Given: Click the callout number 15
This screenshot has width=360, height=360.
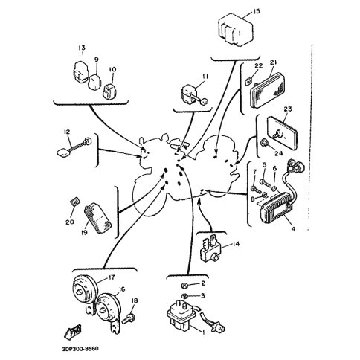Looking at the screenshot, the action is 257,11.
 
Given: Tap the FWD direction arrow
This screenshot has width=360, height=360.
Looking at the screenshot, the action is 73,332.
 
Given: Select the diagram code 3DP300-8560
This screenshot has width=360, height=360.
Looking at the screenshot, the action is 80,349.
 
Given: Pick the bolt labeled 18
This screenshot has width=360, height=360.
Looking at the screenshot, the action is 129,318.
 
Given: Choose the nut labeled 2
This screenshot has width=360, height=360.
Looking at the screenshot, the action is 185,285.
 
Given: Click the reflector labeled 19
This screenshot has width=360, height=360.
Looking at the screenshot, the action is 97,217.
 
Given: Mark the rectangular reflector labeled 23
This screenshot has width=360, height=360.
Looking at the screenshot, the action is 283,134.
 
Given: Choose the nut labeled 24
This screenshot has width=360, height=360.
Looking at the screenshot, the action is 263,143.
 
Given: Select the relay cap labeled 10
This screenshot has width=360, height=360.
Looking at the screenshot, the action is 109,91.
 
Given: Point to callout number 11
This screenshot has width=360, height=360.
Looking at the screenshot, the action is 205,77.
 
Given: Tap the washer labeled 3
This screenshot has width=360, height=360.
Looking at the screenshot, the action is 184,295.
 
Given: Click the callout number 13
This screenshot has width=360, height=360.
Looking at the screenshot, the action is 82,48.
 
